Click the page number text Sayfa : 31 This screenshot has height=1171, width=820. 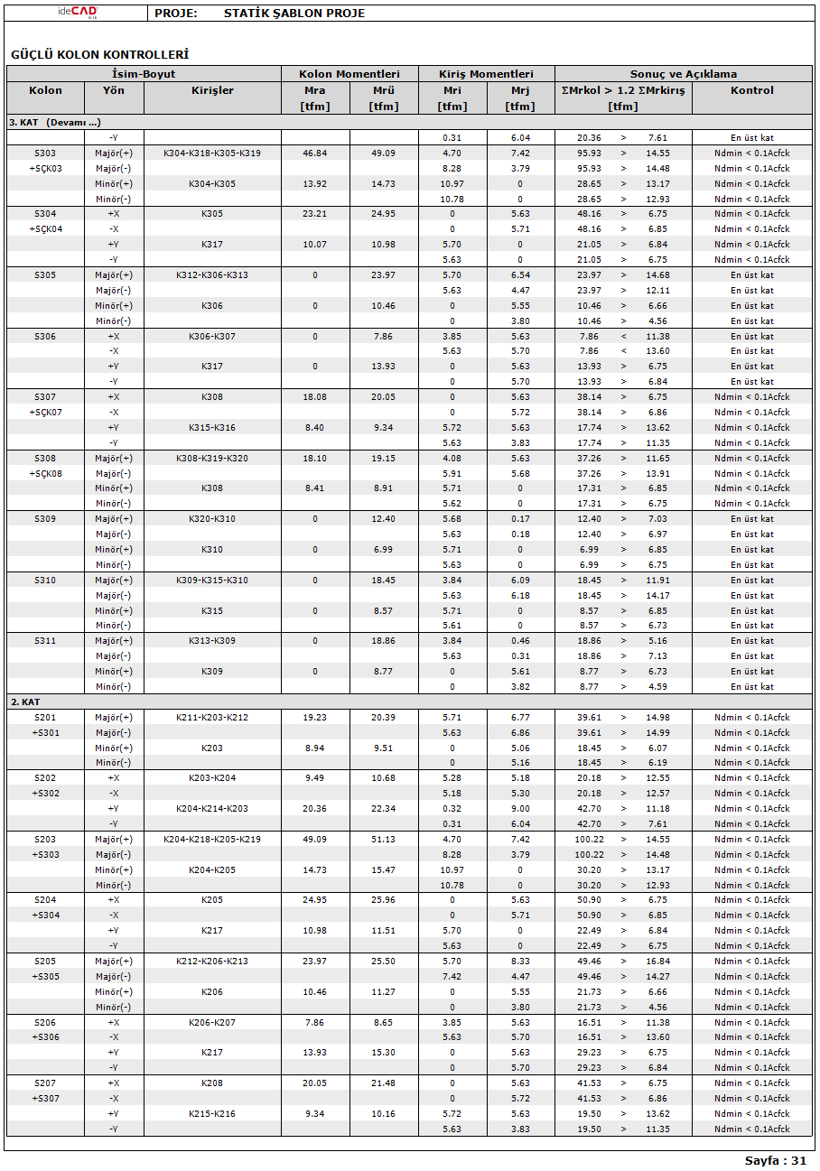775,1160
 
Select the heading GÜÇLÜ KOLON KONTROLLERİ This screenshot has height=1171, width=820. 99,55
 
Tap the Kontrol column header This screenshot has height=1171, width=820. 752,90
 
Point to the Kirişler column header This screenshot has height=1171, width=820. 212,90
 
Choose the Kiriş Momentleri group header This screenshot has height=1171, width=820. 486,74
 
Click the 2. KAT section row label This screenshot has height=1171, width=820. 25,702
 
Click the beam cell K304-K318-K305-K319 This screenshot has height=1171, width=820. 212,153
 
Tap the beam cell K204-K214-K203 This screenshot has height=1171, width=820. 212,808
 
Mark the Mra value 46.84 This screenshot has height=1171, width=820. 315,153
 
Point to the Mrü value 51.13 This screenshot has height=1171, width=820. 384,839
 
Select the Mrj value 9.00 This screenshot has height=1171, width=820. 520,808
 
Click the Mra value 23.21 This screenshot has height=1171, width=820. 315,214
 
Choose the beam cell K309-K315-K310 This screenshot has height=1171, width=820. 212,580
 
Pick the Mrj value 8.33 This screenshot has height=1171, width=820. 520,961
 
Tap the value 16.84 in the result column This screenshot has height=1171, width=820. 658,961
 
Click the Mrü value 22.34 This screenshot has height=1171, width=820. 384,808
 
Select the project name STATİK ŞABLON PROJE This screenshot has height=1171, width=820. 294,14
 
